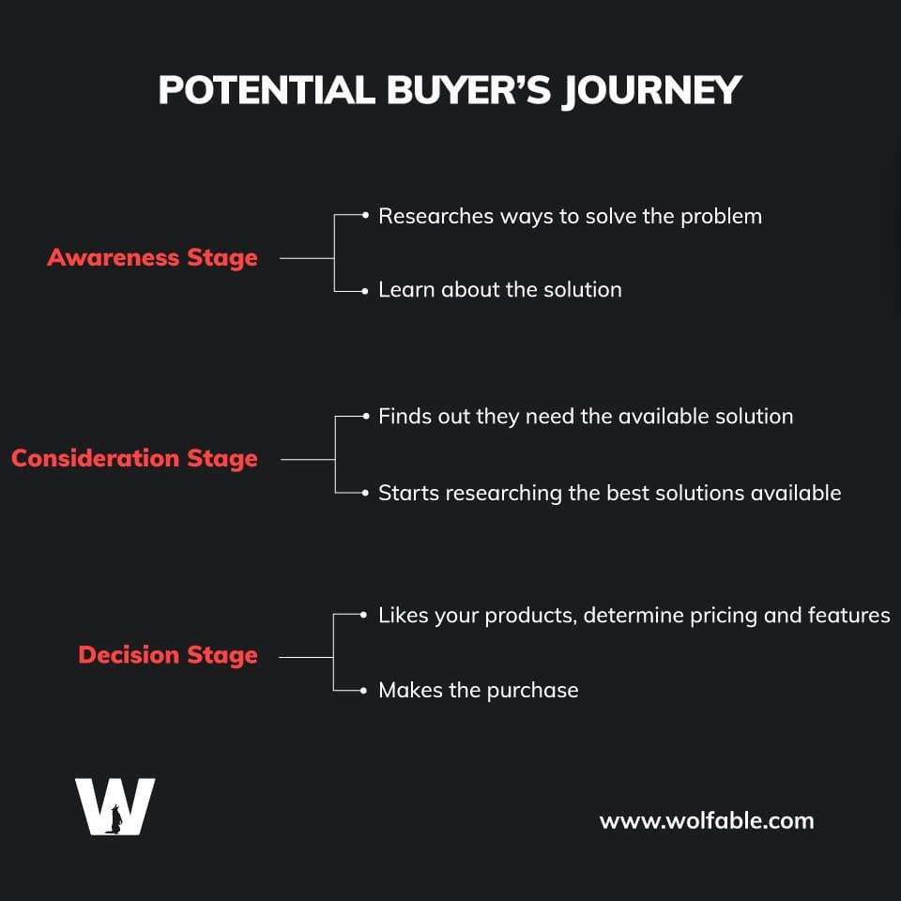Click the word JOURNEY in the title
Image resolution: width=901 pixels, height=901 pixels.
[x=651, y=91]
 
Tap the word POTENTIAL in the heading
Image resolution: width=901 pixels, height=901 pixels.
[x=267, y=90]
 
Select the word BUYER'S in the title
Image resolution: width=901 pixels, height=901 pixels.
[x=468, y=90]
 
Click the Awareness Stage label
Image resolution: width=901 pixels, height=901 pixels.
[x=152, y=258]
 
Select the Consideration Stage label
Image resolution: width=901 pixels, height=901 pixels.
[x=134, y=459]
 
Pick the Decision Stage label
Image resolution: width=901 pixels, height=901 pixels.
[x=168, y=656]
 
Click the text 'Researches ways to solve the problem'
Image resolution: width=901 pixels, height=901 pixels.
[x=570, y=217]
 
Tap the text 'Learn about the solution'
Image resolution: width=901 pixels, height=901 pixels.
[x=500, y=290]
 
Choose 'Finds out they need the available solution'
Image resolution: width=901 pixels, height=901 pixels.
[x=586, y=417]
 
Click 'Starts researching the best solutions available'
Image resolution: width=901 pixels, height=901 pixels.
[x=610, y=493]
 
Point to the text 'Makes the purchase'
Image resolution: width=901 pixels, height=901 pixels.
[x=478, y=690]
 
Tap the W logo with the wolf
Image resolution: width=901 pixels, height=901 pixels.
[x=115, y=806]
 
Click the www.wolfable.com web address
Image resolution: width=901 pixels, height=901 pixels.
[x=706, y=821]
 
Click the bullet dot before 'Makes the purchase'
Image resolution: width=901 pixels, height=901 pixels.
[x=363, y=691]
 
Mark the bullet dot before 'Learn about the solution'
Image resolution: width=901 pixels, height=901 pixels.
[x=364, y=291]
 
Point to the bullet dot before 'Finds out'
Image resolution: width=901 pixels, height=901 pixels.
[x=365, y=416]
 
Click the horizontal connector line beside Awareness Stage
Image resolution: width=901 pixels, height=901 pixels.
[x=307, y=259]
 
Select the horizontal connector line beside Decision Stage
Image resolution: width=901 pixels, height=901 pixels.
[x=306, y=657]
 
